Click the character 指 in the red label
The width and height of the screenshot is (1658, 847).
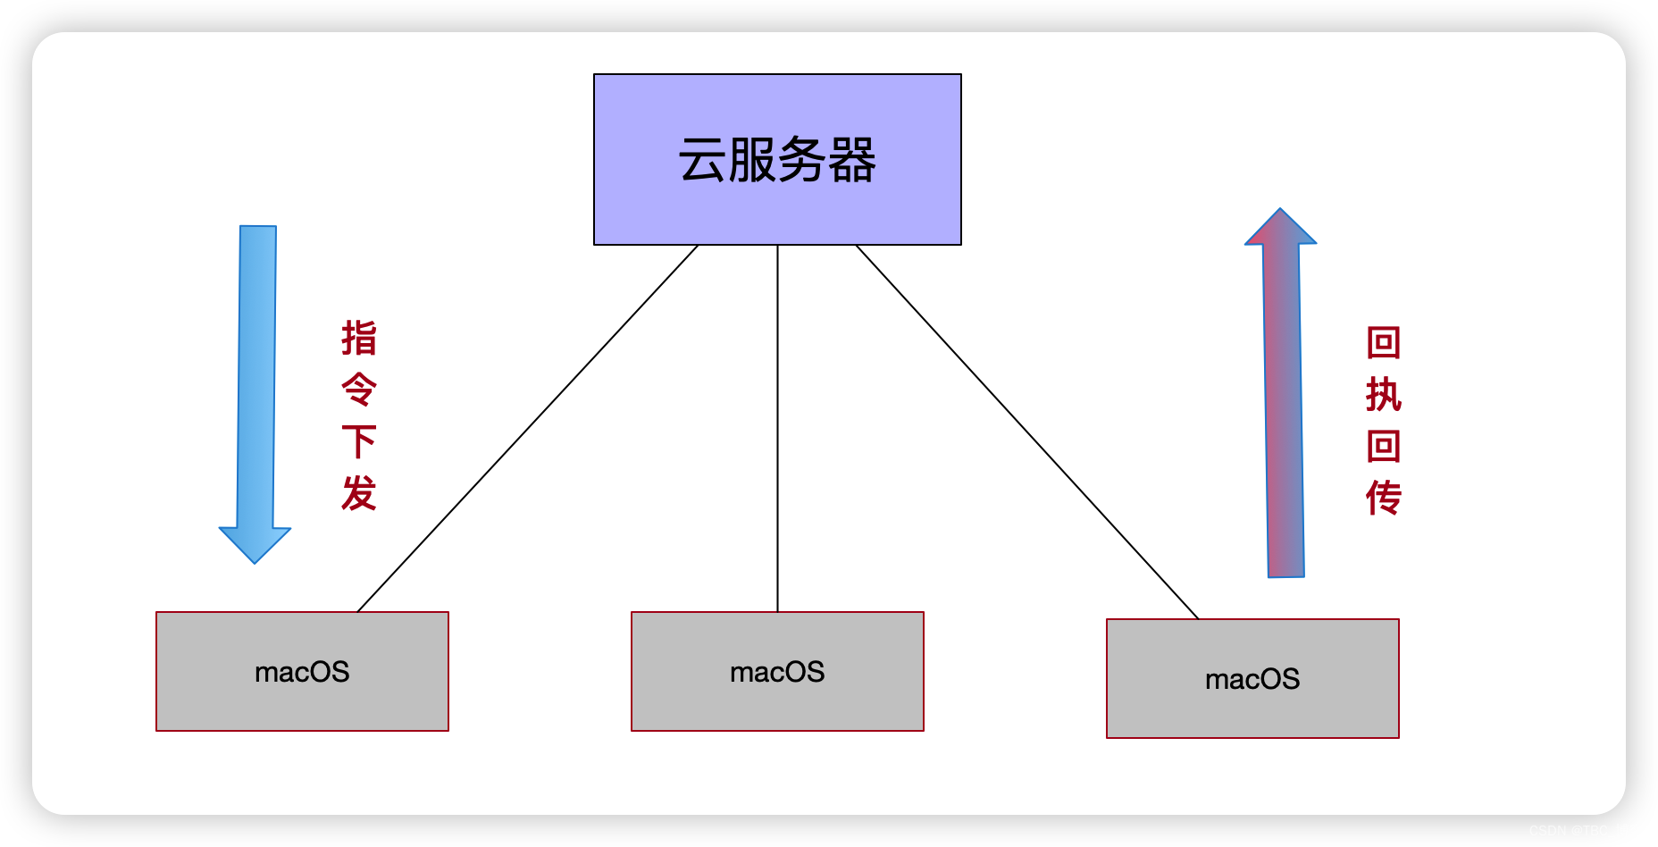pos(359,339)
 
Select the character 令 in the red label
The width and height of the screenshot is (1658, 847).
pos(359,390)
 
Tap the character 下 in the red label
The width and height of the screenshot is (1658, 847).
pos(359,441)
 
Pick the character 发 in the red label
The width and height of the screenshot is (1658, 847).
pos(359,493)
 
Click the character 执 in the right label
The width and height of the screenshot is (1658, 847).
pos(1384,394)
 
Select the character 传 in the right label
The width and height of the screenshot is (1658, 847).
pos(1384,498)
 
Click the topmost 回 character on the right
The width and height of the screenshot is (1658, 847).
pos(1384,342)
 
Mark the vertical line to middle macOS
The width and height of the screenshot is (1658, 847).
pos(777,429)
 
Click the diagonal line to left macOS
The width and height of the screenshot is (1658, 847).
pos(527,429)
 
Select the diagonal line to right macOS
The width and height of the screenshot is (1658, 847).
pos(1027,432)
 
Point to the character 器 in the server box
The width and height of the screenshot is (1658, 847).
pos(851,161)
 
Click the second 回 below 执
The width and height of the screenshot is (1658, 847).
pos(1384,446)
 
